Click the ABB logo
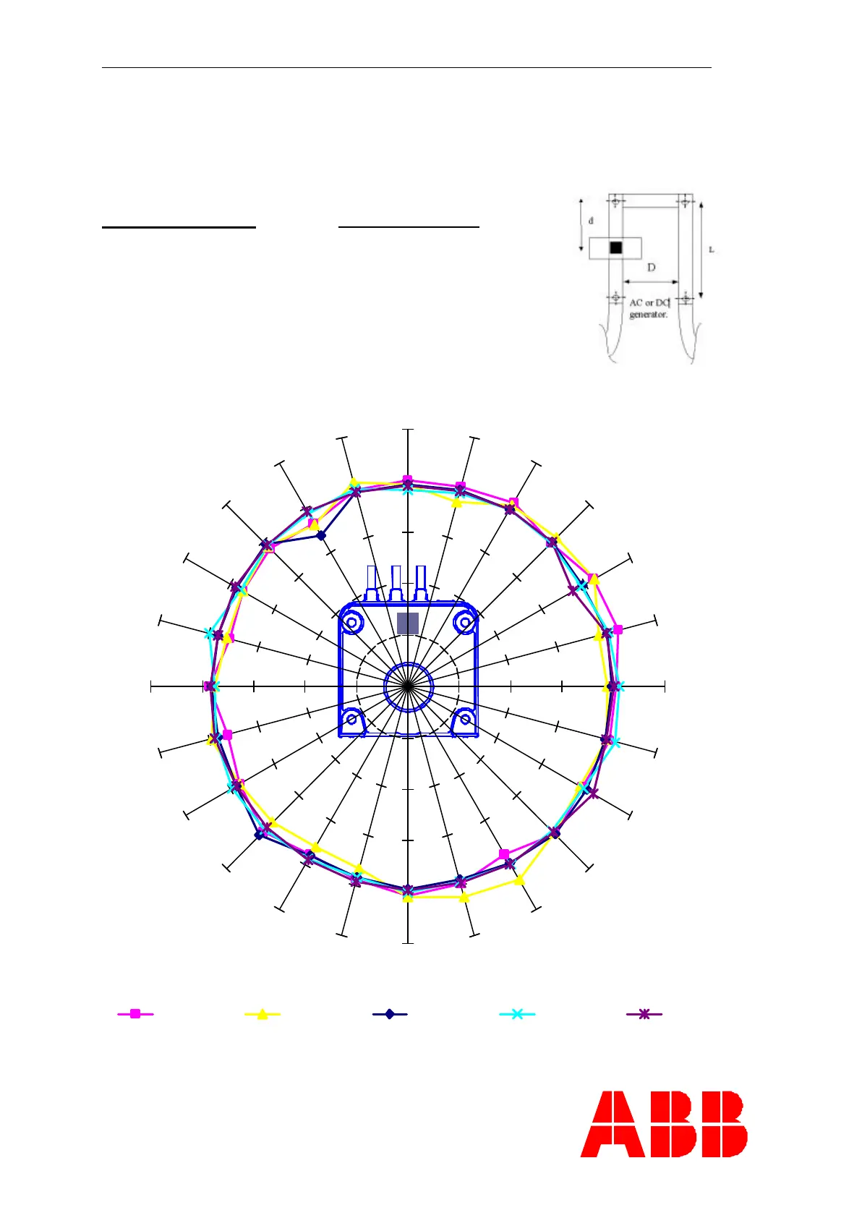point(664,1124)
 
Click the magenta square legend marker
point(135,1014)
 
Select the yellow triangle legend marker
point(263,1014)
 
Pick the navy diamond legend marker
point(390,1014)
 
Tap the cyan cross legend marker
point(517,1014)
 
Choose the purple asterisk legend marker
point(644,1014)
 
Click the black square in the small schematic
point(615,248)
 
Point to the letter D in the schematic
point(651,268)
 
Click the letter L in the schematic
point(711,250)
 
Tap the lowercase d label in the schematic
point(591,221)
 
